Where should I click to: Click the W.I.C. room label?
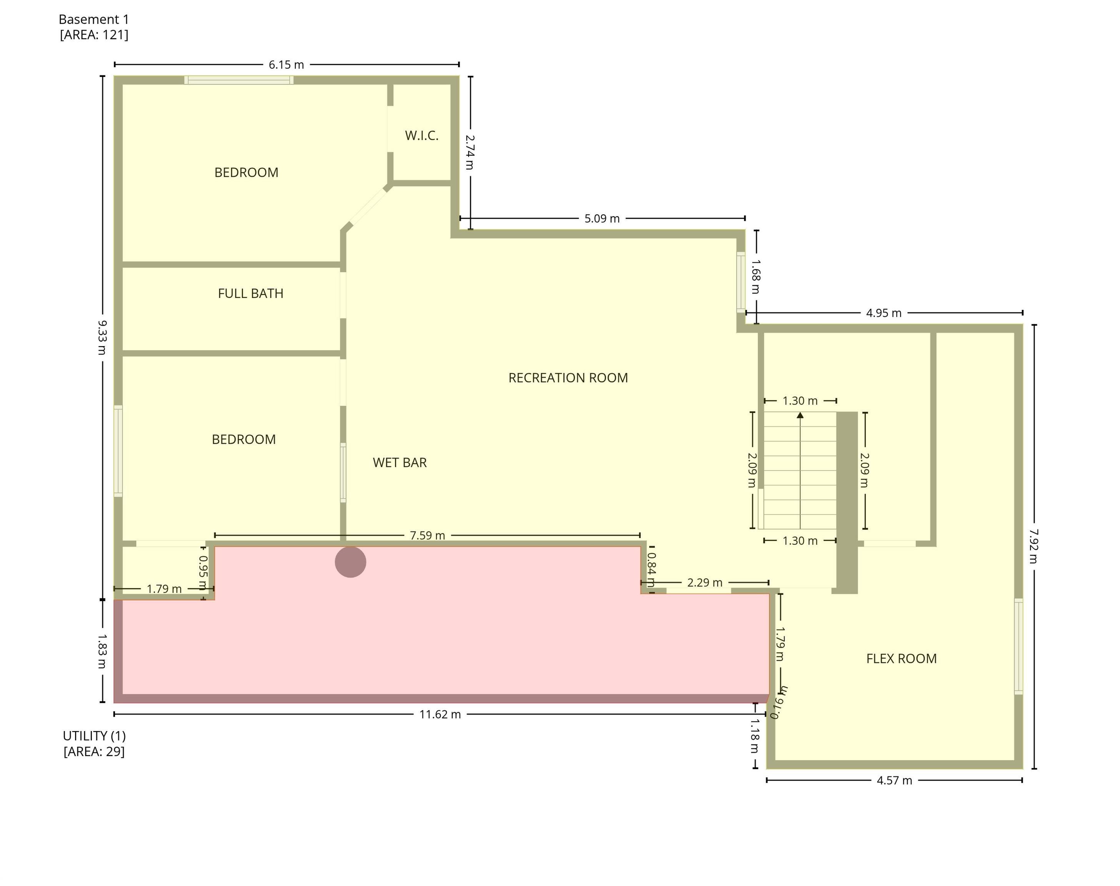[421, 135]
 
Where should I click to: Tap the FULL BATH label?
[250, 294]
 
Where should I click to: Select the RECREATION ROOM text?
[568, 378]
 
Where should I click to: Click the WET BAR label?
[400, 463]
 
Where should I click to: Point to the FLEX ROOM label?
[901, 659]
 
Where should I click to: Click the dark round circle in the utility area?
[350, 562]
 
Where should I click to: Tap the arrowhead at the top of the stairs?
[800, 415]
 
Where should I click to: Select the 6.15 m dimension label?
[286, 65]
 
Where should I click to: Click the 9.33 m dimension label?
[102, 337]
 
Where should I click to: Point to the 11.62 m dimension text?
[440, 714]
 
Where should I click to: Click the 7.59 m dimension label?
[427, 535]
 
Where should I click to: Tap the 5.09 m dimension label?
[602, 218]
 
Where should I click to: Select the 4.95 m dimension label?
[883, 313]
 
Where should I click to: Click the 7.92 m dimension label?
[1033, 546]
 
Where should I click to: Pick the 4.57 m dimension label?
[894, 780]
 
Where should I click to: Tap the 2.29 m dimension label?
[705, 583]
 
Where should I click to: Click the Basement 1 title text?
[93, 20]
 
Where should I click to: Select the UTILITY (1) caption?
[94, 736]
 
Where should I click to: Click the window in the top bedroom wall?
[238, 80]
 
